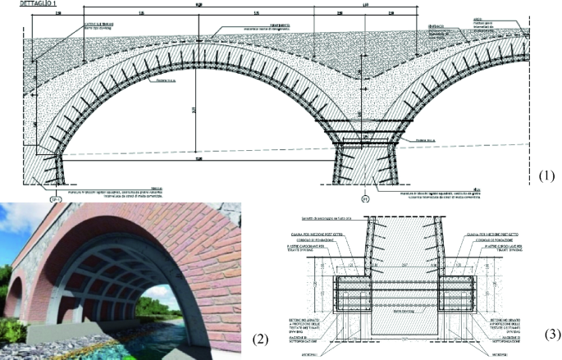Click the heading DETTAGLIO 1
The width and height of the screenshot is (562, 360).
coord(21,4)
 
